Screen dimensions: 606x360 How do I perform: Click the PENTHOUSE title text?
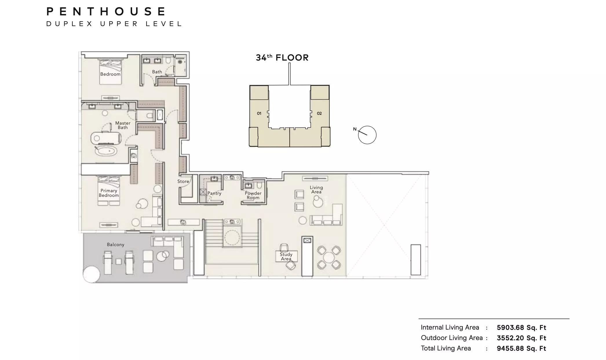(106, 12)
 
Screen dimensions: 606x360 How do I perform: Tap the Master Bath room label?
(123, 125)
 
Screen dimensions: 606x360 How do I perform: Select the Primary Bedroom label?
(109, 193)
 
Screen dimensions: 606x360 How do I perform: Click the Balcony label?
(116, 245)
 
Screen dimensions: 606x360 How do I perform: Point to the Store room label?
(183, 181)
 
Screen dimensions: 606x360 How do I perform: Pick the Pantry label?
(214, 193)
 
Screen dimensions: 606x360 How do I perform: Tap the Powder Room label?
(253, 195)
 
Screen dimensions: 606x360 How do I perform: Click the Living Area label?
(316, 190)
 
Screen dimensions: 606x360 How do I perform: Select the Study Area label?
(286, 257)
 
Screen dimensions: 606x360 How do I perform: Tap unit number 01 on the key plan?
(259, 113)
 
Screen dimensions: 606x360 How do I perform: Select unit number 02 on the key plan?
(319, 113)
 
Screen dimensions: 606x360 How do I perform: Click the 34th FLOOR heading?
(282, 58)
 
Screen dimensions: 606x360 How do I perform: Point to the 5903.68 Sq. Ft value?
(521, 328)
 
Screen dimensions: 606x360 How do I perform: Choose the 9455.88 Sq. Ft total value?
(521, 348)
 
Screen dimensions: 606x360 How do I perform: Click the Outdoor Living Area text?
(452, 338)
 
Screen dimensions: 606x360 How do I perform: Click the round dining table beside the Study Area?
(329, 257)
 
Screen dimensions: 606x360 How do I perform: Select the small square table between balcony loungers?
(118, 261)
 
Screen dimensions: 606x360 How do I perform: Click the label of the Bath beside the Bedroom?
(157, 72)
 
